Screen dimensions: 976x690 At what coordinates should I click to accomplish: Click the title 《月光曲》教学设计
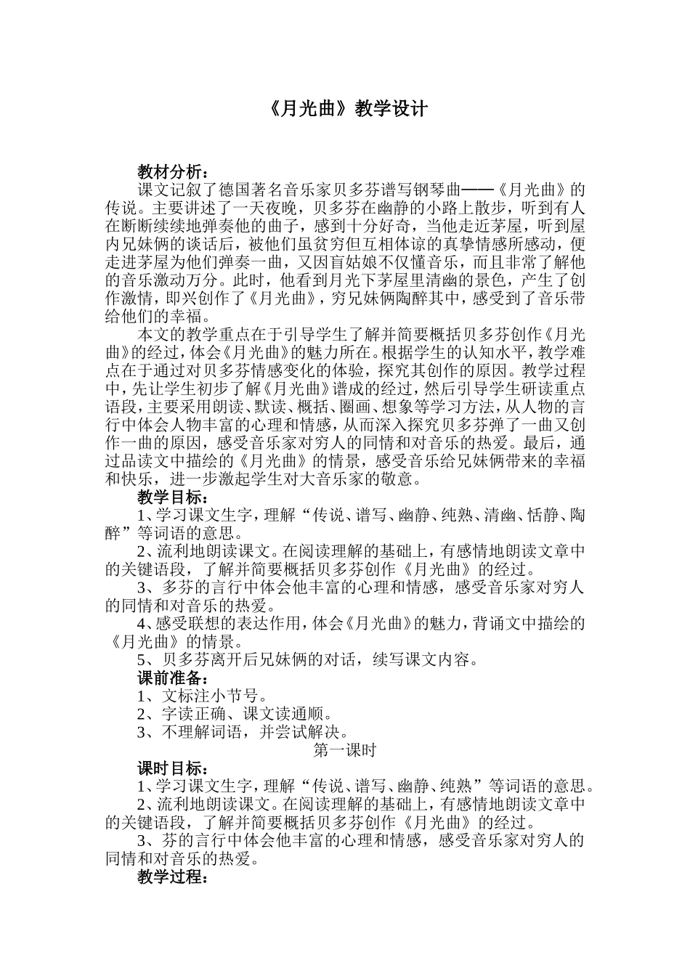(x=344, y=109)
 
